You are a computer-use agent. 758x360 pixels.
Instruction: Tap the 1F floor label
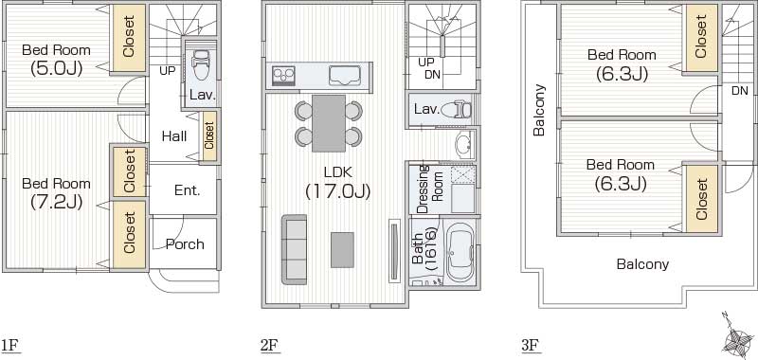click(9, 346)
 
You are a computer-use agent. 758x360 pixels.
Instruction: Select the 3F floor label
click(530, 346)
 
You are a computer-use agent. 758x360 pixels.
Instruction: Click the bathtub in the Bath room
click(459, 250)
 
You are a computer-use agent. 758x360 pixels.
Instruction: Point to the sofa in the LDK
click(295, 249)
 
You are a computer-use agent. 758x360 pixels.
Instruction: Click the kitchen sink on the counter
click(345, 76)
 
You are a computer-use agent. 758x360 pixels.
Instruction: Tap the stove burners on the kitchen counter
click(283, 77)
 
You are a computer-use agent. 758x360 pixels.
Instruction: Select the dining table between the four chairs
click(329, 123)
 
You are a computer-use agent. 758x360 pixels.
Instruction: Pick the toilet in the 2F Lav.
click(456, 110)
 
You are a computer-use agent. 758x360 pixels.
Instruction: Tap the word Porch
click(185, 244)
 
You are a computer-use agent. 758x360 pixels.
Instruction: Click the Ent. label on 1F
click(187, 190)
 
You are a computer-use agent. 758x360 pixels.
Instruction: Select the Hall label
click(174, 136)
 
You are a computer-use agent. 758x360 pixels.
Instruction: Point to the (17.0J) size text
click(338, 191)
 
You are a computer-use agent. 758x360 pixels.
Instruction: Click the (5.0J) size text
click(57, 67)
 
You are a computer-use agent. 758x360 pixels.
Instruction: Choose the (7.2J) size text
click(56, 202)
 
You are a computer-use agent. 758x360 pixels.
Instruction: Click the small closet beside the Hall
click(208, 136)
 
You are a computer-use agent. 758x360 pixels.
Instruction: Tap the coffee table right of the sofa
click(342, 250)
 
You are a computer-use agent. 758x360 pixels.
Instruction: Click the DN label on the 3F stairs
click(740, 90)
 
